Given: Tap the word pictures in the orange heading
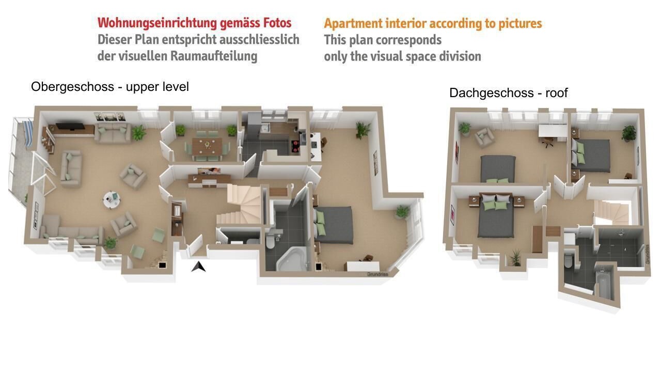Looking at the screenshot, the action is (x=520, y=24).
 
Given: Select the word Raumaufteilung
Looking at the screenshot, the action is (x=214, y=56).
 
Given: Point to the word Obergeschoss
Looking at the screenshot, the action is (x=73, y=87).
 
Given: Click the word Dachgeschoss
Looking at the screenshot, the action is (x=491, y=93).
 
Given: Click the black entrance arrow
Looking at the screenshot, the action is (x=198, y=267).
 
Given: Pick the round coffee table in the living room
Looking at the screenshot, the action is (x=112, y=199).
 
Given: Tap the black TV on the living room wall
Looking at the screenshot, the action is (x=70, y=127).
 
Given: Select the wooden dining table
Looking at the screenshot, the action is (x=207, y=146).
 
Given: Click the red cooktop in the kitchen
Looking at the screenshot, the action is (x=296, y=145).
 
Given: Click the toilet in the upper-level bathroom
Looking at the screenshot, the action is (x=270, y=241).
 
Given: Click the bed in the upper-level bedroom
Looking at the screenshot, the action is (x=334, y=225).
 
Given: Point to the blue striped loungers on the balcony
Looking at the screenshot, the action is (x=28, y=133).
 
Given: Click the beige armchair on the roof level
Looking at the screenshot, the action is (x=484, y=137).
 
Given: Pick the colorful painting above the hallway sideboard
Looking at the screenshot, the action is (x=209, y=171).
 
